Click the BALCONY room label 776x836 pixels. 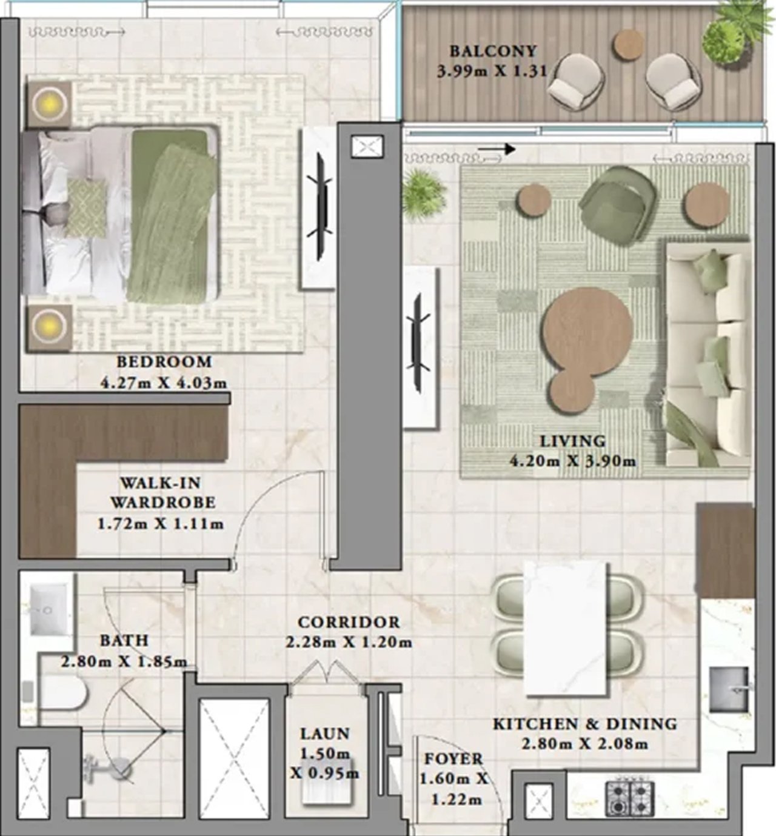[x=493, y=52]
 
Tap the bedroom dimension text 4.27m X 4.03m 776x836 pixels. [x=164, y=383]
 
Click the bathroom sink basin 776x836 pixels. [x=48, y=609]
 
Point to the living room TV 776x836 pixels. [x=418, y=343]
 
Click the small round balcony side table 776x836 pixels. [x=628, y=44]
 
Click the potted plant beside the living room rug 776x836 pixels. [x=423, y=194]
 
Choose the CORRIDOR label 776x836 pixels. [x=349, y=622]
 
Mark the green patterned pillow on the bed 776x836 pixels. [x=86, y=208]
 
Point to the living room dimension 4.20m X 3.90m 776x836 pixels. [x=573, y=461]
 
